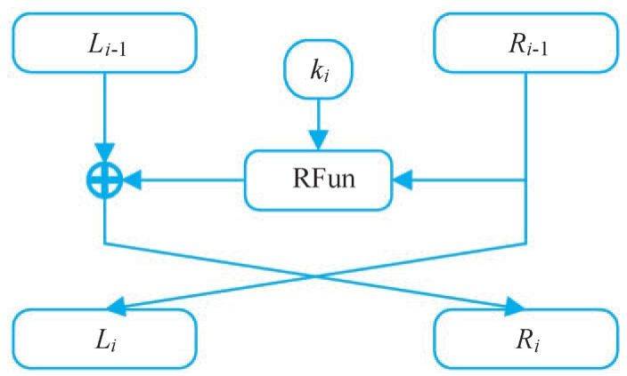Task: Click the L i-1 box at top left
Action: [105, 42]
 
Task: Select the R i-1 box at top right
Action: [525, 42]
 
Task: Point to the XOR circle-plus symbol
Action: [105, 181]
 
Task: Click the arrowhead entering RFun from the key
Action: [318, 142]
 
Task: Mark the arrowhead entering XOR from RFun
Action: [130, 181]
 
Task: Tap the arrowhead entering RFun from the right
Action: [399, 181]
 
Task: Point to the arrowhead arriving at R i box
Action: [514, 308]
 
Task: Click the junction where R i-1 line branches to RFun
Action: [525, 181]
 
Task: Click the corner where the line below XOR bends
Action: [105, 242]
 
